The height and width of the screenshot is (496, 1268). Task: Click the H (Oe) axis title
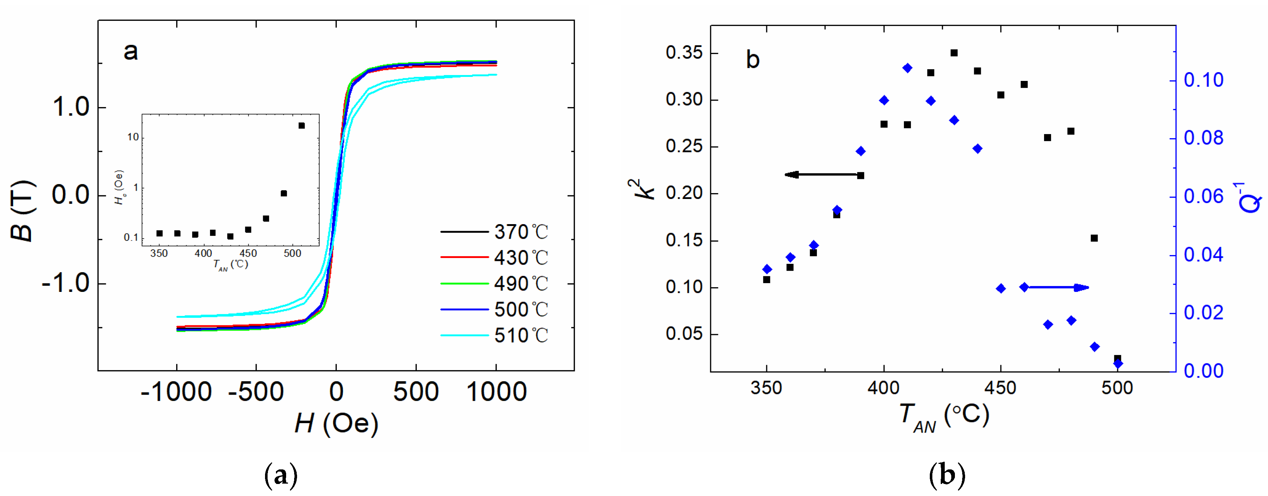pyautogui.click(x=336, y=423)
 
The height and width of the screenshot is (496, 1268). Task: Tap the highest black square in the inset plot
pyautogui.click(x=302, y=126)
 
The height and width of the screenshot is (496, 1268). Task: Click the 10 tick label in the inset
pyautogui.click(x=133, y=137)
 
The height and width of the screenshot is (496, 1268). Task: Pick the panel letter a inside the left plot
pyautogui.click(x=130, y=51)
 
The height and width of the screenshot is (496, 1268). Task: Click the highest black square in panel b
pyautogui.click(x=954, y=53)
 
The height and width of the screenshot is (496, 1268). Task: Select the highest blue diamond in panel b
pyautogui.click(x=907, y=68)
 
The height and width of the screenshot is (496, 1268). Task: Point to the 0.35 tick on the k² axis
pyautogui.click(x=684, y=53)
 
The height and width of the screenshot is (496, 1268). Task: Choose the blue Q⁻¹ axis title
pyautogui.click(x=1248, y=197)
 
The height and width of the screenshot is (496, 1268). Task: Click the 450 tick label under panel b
pyautogui.click(x=1000, y=388)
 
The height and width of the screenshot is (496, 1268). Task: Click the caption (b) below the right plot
pyautogui.click(x=947, y=475)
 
